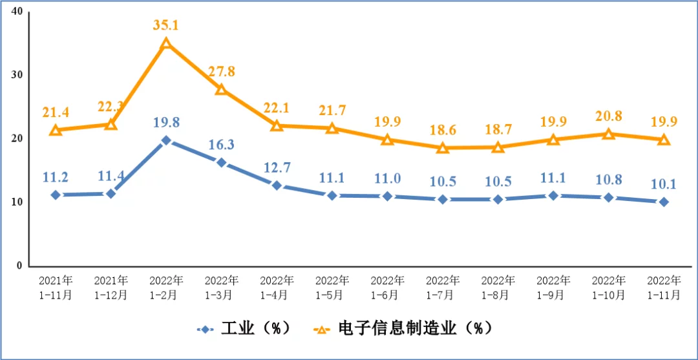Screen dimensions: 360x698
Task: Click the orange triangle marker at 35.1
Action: (166, 43)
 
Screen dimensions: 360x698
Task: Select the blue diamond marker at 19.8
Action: (166, 140)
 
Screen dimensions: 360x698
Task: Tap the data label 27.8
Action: (221, 72)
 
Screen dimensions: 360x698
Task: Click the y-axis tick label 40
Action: (17, 12)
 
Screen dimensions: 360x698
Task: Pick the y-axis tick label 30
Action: (17, 75)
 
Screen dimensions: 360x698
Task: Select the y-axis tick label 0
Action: (19, 266)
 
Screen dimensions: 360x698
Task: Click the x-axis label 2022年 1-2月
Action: (166, 288)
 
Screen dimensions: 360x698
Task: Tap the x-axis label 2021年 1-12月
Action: (111, 288)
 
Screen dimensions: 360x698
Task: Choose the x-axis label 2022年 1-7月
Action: (443, 288)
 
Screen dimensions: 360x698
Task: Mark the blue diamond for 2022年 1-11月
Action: (664, 202)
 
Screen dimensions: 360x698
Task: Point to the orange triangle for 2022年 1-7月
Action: (443, 147)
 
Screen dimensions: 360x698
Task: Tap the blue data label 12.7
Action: (277, 168)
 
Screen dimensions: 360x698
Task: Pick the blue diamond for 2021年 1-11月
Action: (56, 195)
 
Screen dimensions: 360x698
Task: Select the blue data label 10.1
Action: (664, 184)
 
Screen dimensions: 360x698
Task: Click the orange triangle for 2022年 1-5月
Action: (332, 128)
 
